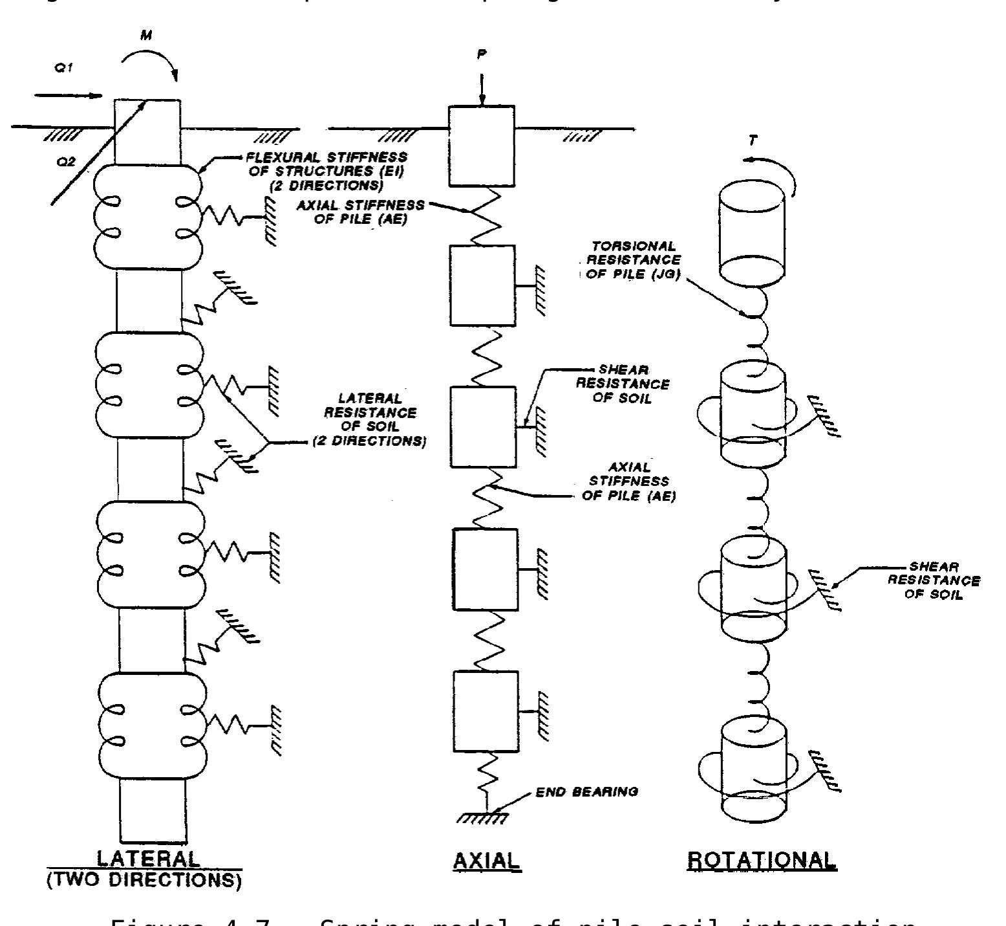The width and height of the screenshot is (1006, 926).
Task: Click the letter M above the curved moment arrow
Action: pyautogui.click(x=147, y=36)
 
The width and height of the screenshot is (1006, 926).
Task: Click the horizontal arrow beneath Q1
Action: pyautogui.click(x=68, y=96)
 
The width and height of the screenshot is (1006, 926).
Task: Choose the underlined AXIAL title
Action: pyautogui.click(x=486, y=860)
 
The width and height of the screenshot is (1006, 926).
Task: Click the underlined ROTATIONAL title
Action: pyautogui.click(x=761, y=859)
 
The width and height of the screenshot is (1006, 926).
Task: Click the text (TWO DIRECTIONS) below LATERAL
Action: pyautogui.click(x=144, y=883)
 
